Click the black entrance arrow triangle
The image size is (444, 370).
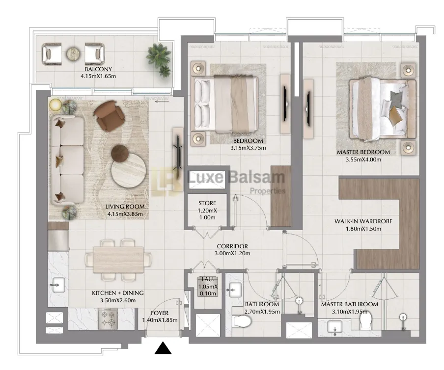pos(163,348)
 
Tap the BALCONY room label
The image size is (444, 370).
pos(98,69)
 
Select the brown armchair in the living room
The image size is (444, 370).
pos(109,116)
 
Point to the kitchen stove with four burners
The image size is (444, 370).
pos(108,319)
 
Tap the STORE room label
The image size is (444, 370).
pos(207,203)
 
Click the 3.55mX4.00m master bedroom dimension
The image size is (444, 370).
pos(363,159)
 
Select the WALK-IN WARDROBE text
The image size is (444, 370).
pos(363,221)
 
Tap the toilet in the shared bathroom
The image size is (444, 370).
pos(242,321)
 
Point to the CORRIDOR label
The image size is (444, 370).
pos(232,246)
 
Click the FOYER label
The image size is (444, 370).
pos(160,313)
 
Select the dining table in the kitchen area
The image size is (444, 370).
pos(118,260)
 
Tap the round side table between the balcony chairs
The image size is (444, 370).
pos(73,53)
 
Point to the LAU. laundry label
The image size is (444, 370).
pos(208,279)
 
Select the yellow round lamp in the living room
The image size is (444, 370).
pos(55,105)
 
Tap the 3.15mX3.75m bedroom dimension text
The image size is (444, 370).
pos(248,148)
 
